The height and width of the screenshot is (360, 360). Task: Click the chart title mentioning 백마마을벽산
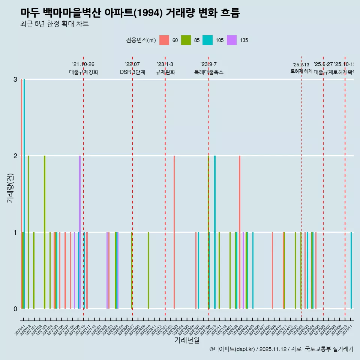tap(130, 13)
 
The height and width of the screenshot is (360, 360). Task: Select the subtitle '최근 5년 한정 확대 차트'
tap(54, 24)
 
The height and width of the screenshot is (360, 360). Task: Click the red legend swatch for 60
tap(164, 40)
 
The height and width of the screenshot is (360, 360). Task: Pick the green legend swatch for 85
tap(186, 40)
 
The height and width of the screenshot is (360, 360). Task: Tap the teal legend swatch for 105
tap(207, 40)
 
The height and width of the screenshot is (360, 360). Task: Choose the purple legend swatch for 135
tap(232, 40)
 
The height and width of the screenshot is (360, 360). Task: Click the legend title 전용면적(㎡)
tap(141, 40)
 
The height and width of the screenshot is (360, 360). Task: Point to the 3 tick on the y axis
tap(15, 79)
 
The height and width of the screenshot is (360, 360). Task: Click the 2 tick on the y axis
tap(15, 156)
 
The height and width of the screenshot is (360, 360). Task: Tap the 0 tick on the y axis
tap(15, 309)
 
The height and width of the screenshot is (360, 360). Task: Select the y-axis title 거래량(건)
tap(10, 188)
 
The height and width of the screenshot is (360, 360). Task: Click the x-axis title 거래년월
tap(187, 340)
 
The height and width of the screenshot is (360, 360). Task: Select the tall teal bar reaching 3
tap(24, 194)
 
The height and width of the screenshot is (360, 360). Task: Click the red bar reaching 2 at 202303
tap(174, 232)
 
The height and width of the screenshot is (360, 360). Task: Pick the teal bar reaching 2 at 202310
tap(215, 232)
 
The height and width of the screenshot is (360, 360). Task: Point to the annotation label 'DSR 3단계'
tap(132, 72)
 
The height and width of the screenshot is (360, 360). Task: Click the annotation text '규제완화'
tap(165, 72)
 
